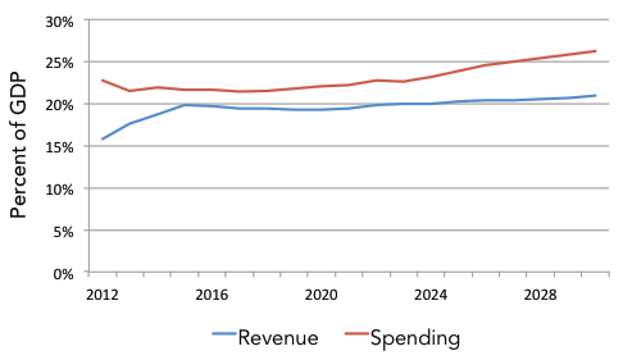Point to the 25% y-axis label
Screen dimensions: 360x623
coord(59,64)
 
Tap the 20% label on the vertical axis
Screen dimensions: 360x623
coord(59,105)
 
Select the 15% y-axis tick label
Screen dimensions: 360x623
coord(59,148)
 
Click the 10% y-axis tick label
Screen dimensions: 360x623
coord(59,190)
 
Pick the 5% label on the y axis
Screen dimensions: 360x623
coord(63,232)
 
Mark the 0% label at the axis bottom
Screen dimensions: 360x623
coord(63,275)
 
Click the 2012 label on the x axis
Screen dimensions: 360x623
coord(102,295)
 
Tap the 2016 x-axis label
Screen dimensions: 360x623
coord(211,295)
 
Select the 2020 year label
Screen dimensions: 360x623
coord(321,295)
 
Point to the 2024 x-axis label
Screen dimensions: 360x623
coord(430,295)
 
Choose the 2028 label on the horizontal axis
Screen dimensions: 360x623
coord(540,295)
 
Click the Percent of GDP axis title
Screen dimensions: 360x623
coord(19,145)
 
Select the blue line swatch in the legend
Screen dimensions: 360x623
coord(224,334)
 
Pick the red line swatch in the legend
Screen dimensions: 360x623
coord(357,334)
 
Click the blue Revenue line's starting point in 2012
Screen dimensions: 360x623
coord(102,139)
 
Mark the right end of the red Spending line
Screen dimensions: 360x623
coord(596,51)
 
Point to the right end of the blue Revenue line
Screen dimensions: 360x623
coord(596,96)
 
